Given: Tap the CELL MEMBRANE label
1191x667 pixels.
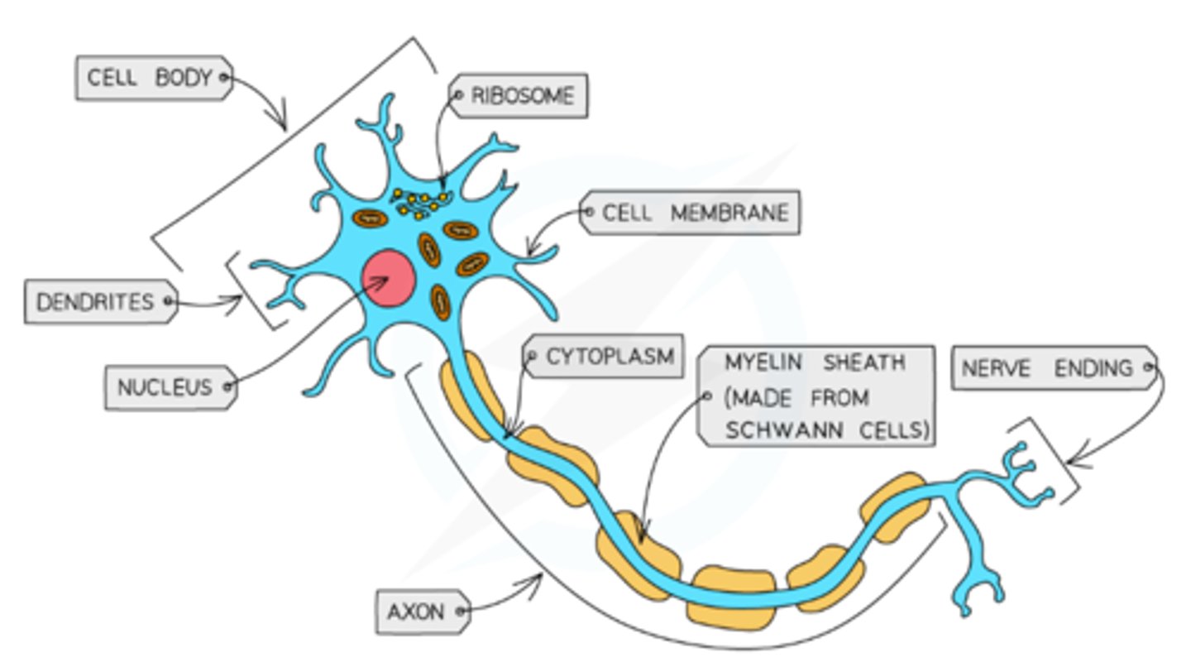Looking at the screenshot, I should pos(691,213).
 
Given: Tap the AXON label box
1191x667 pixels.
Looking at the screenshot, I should pos(423,612).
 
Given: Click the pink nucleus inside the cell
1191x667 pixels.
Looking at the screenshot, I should pos(388,278).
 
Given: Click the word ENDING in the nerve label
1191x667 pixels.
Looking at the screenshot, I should pos(1093,367).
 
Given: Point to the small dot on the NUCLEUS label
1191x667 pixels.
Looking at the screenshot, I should pos(227,386).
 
